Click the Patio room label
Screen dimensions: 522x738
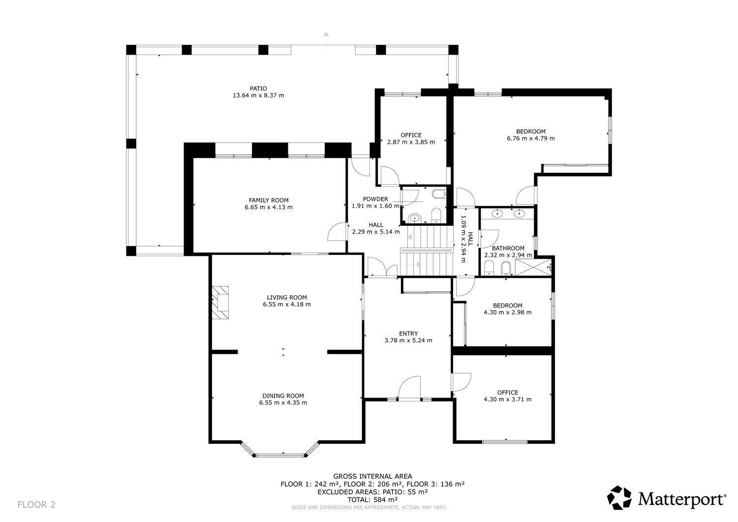[x=258, y=89]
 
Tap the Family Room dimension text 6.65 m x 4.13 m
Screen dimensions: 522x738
[x=268, y=207]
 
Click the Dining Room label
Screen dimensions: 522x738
[x=283, y=396]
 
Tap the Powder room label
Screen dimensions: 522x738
[x=375, y=199]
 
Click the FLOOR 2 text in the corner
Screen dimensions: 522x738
[x=37, y=504]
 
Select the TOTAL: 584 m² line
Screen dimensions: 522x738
[x=372, y=499]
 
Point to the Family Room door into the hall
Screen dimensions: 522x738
[x=338, y=232]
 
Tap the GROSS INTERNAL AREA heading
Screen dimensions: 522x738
[x=372, y=476]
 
